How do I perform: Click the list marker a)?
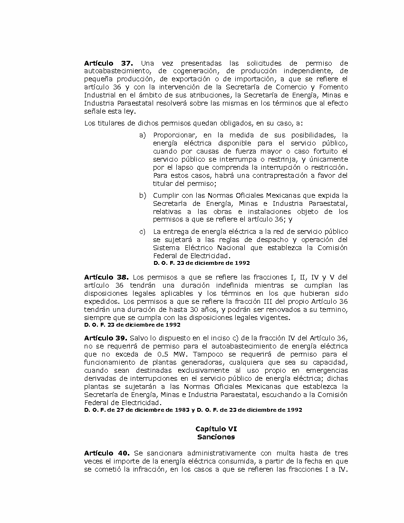tap(142, 135)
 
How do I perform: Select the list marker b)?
tap(142, 195)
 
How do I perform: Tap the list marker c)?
tap(142, 232)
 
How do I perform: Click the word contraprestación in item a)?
tap(263, 175)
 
